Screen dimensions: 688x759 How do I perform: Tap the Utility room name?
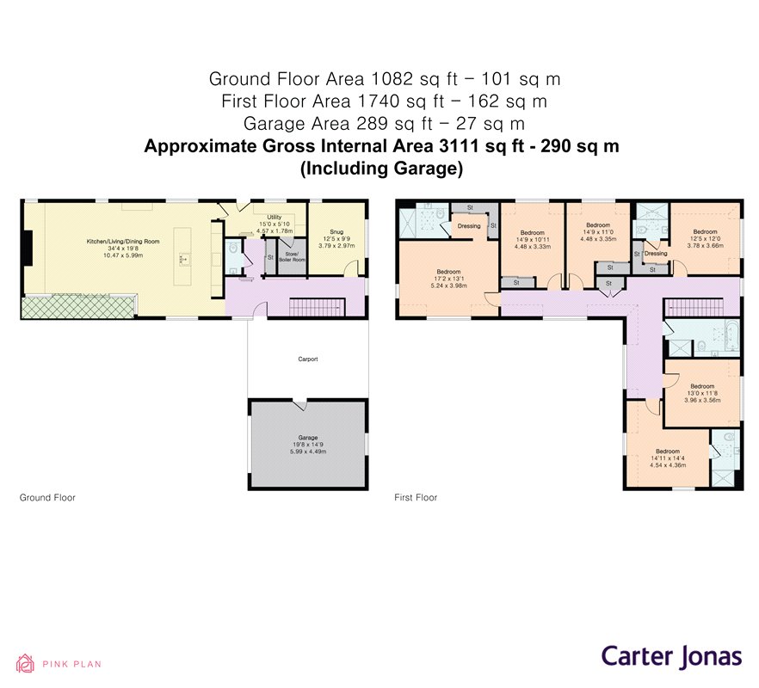pos(275,218)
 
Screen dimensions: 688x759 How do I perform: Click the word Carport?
pos(307,359)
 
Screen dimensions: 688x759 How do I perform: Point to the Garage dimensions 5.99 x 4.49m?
pos(307,451)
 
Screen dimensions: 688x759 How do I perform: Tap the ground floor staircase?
pos(318,305)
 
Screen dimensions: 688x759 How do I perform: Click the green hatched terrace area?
pos(77,305)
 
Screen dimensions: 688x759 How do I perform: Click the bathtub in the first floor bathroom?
pos(724,337)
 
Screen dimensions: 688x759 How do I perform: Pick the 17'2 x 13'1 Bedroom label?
pos(449,272)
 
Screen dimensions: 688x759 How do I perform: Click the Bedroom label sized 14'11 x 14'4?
pos(667,451)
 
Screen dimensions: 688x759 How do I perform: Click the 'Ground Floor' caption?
pos(47,498)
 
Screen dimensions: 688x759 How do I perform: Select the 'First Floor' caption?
pos(416,498)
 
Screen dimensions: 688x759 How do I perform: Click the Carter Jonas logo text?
pos(670,656)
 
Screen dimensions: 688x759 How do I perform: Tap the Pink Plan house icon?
pos(27,663)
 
